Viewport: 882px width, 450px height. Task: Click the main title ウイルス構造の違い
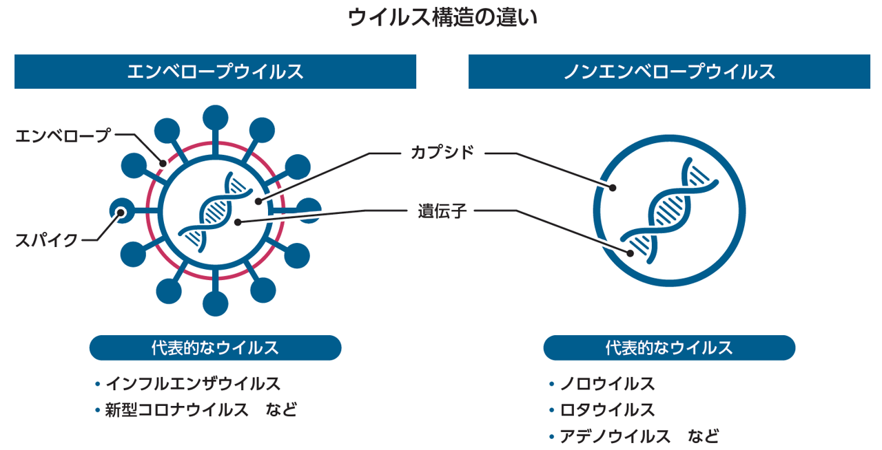[442, 18]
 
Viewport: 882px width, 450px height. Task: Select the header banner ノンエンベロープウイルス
[669, 72]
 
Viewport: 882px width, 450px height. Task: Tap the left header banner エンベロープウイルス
[215, 72]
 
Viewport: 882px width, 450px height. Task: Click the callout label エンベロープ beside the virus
[63, 136]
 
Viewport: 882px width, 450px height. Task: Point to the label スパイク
[46, 240]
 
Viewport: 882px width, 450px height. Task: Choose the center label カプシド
[442, 153]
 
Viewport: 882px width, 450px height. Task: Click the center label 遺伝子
[442, 211]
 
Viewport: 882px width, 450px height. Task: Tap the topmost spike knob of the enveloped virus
[216, 118]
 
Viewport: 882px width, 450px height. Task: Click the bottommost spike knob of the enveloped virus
[216, 303]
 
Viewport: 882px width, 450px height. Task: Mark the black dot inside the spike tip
[121, 213]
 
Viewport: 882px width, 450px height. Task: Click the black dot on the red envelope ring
[163, 163]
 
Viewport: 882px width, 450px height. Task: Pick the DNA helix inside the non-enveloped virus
[669, 211]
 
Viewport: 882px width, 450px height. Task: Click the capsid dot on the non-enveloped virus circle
[613, 188]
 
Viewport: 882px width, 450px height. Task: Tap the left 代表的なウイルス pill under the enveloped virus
[216, 347]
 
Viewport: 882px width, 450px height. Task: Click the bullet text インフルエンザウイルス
[193, 383]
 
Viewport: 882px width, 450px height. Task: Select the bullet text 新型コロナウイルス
[177, 410]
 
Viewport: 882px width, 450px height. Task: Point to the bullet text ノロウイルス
[607, 383]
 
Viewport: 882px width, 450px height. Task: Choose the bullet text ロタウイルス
[607, 410]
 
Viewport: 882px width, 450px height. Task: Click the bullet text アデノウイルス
[615, 436]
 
